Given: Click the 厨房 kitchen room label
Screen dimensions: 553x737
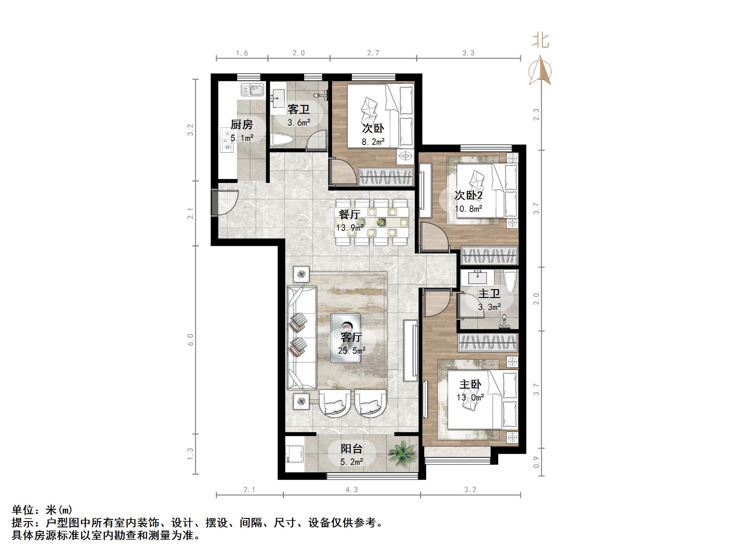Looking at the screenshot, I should point(242,125).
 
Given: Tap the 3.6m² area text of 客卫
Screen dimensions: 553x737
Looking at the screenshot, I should point(299,123).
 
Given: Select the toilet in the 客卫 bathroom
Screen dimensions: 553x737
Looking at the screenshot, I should point(282,140).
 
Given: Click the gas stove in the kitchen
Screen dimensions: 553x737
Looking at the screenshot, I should point(226,140).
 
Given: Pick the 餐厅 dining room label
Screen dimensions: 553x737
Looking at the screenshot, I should point(349,214).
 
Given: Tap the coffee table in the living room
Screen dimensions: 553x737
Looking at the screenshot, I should point(346,338).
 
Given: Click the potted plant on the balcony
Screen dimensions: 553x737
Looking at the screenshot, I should point(403,453).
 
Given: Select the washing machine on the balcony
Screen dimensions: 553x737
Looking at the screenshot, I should point(294,454).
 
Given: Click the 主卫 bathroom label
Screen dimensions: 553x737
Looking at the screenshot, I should point(489,294).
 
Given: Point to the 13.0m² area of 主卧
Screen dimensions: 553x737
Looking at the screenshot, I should point(470,397).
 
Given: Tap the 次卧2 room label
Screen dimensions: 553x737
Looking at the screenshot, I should point(468,195).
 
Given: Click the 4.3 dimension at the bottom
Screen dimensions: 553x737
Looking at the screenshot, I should point(352,490).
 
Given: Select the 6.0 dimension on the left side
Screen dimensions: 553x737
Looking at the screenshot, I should point(190,340).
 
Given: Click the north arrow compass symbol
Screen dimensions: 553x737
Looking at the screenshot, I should point(540,71).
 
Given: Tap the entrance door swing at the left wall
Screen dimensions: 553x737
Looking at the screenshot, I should point(227,202).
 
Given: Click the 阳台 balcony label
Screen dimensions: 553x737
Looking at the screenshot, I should point(352,449).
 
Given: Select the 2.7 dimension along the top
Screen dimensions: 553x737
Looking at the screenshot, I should point(373,53).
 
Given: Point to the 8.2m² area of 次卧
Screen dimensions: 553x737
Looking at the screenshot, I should point(373,142).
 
